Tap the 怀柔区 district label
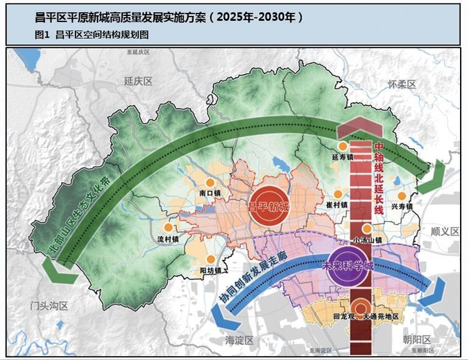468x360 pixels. coord(402,84)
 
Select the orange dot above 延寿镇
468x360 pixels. coord(343,146)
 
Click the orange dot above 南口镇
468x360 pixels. coord(209,182)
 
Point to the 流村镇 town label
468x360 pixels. coord(167,238)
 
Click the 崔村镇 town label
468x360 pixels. coord(338,205)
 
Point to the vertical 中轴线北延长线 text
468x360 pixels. coord(378,177)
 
